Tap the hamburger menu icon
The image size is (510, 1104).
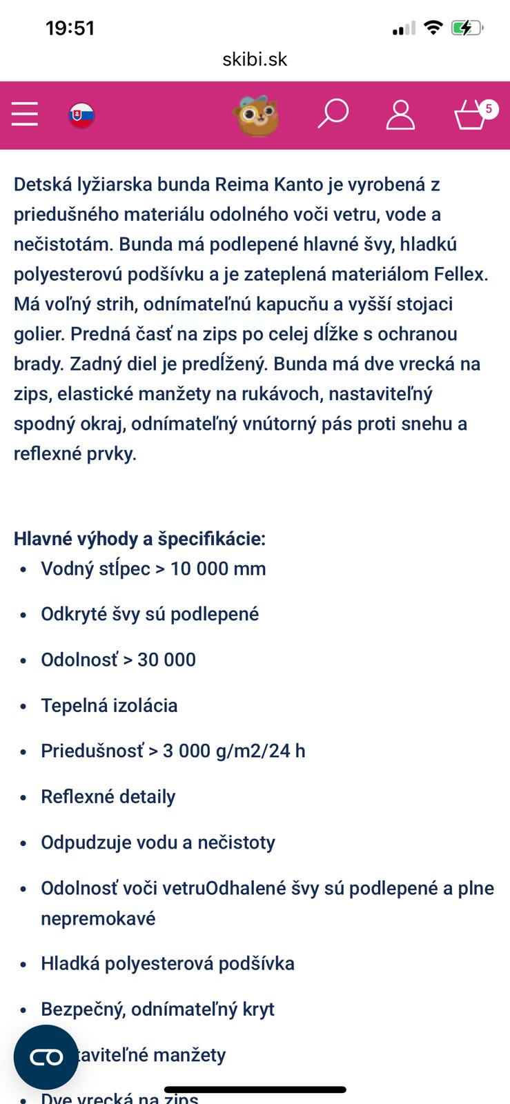coord(25,114)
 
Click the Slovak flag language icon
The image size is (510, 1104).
coord(81,115)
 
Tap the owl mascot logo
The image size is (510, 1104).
coord(257,115)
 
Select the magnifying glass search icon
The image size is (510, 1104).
coord(333,114)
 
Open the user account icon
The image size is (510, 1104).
coord(400,115)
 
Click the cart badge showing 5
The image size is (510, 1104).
coord(489,108)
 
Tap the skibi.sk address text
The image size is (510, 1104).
coord(255,59)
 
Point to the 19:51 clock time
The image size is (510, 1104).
coord(70,28)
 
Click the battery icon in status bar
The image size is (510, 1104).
coord(467,28)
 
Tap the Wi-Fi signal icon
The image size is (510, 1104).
coord(433,28)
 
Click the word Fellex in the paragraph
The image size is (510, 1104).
coord(460,274)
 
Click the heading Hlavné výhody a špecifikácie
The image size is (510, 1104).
coord(139,538)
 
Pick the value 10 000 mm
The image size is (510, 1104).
coord(218,569)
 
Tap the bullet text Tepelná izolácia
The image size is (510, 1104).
coord(109,705)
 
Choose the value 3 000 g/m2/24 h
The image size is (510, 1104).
coord(234,751)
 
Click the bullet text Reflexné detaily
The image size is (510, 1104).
coord(108,796)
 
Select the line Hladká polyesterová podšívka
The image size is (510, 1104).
coord(168,963)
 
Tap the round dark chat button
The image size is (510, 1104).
coord(46,1056)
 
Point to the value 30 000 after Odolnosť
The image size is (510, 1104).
coord(166,660)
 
